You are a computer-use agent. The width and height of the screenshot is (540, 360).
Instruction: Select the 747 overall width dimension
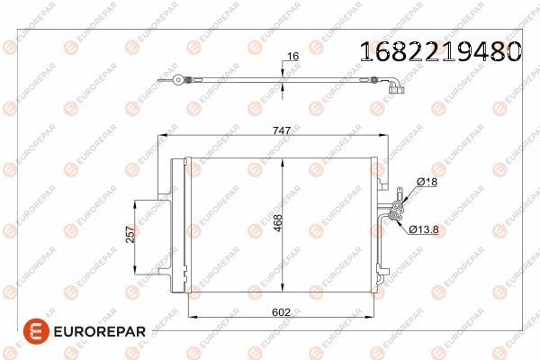[282, 130]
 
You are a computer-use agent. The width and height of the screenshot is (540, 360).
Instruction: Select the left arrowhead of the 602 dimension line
[188, 317]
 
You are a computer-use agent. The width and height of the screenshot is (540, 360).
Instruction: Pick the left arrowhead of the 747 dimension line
[161, 138]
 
